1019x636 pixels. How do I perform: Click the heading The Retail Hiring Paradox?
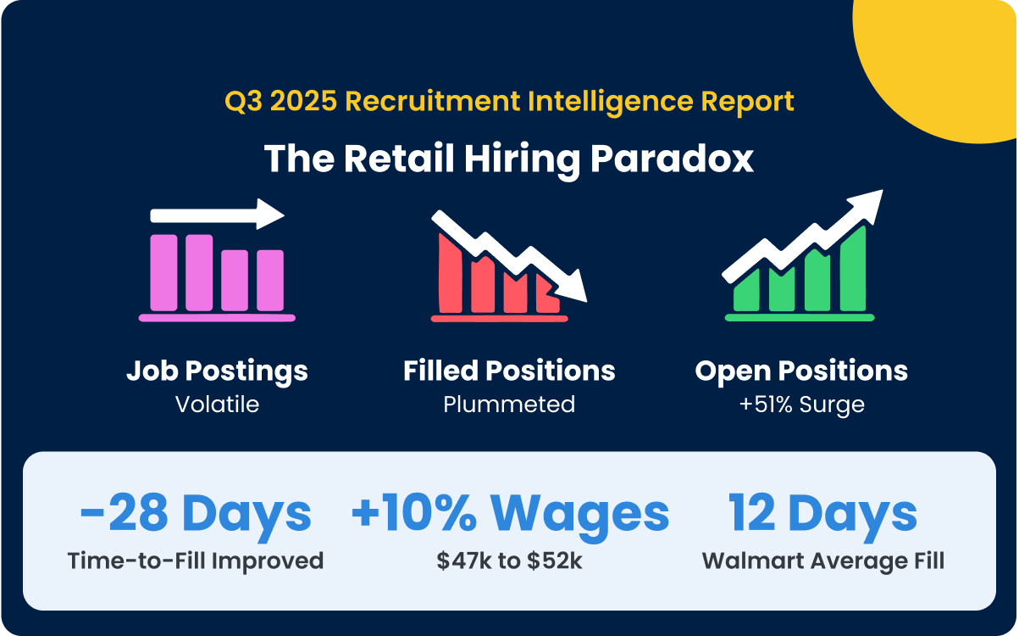508,159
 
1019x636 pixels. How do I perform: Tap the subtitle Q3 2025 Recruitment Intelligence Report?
509,102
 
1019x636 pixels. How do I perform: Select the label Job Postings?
217,371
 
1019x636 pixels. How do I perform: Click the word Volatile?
217,404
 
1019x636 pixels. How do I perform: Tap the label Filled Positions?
509,371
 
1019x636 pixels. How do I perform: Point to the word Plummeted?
509,404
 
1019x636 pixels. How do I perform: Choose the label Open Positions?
801,371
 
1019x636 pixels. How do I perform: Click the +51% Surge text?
801,404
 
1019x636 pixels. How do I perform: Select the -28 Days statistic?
196,513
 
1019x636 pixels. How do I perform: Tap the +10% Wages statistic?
509,513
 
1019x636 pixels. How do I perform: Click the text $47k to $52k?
509,561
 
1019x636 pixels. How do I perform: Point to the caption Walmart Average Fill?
822,561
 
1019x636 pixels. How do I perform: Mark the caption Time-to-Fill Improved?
196,561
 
